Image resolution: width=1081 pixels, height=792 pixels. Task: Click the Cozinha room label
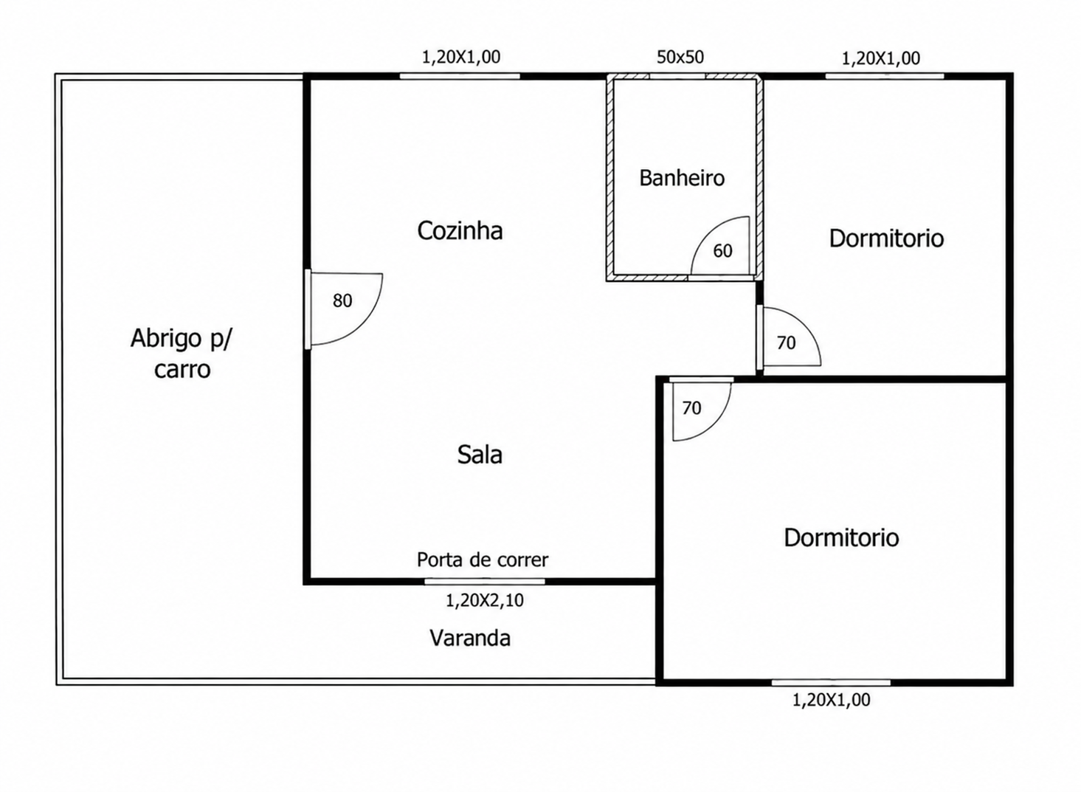click(460, 231)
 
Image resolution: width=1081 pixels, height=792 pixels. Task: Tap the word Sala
click(480, 455)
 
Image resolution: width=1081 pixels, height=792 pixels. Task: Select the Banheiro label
click(682, 178)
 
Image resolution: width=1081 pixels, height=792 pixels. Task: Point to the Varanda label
click(470, 638)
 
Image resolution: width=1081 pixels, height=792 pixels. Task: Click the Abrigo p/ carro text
click(182, 354)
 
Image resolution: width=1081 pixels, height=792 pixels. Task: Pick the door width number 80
click(342, 300)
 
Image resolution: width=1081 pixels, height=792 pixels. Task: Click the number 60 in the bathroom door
click(722, 251)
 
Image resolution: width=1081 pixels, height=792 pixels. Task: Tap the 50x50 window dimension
click(680, 57)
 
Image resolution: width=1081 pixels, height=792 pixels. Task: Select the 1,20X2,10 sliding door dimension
click(484, 600)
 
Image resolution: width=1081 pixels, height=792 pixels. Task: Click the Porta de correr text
click(483, 559)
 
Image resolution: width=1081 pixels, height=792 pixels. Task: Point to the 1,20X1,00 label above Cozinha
click(461, 57)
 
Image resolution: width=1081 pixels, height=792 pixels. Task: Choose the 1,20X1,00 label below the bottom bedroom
click(832, 700)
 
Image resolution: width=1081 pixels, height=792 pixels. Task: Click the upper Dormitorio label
click(886, 238)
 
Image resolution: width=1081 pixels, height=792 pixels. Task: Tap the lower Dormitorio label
click(841, 537)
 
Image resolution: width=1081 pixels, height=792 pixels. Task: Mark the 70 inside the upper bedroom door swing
click(786, 342)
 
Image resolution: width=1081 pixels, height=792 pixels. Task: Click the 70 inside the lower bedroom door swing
click(691, 408)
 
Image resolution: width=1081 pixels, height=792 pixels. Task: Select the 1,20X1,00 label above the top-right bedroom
click(881, 58)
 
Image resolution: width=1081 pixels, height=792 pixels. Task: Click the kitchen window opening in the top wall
click(460, 76)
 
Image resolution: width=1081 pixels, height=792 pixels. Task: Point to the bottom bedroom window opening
click(831, 683)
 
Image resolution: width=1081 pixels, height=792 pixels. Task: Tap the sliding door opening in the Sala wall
click(485, 582)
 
